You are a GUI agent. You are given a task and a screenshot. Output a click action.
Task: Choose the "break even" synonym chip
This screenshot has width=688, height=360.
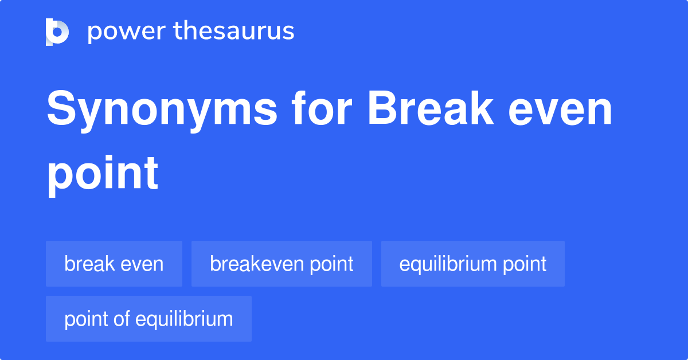114,264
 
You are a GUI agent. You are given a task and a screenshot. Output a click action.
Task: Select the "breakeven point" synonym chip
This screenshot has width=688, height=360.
282,264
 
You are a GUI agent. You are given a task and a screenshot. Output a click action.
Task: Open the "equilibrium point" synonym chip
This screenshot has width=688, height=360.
472,264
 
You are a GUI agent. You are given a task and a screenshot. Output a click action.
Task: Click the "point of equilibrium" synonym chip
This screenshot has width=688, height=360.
148,319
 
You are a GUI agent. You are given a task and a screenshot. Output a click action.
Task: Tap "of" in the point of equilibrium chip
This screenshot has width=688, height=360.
122,319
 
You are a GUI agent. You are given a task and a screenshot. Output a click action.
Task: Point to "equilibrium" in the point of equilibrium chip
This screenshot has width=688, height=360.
184,319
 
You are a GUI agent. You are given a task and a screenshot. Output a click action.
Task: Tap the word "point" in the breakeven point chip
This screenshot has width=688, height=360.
332,264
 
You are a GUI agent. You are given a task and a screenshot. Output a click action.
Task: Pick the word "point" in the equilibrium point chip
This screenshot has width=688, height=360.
524,264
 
